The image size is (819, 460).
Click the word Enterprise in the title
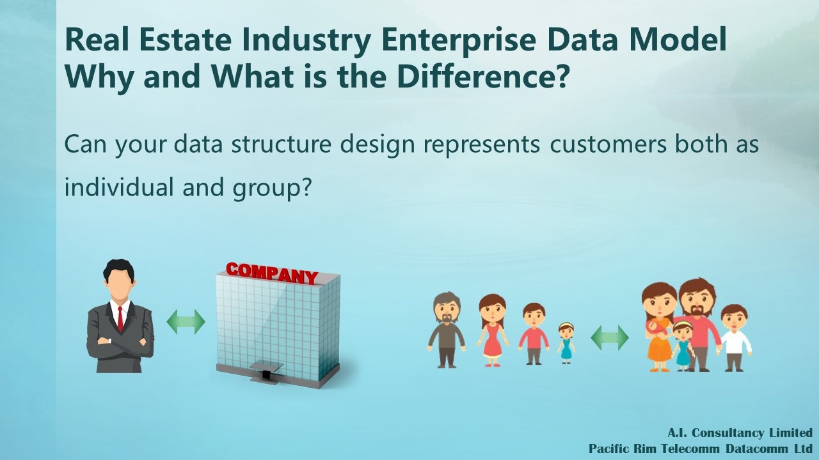460,40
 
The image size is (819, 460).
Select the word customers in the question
608,144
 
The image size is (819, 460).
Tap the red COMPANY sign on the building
272,273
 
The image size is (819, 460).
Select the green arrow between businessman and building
186,321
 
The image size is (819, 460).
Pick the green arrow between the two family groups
610,338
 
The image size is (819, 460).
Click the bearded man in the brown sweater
447,329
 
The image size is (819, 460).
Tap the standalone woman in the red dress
492,330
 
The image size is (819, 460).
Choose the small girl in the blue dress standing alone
566,343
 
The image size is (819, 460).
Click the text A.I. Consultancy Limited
740,433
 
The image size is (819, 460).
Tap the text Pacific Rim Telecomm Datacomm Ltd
701,448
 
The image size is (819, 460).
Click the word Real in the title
97,40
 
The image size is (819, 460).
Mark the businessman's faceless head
118,277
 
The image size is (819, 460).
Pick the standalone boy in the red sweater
534,333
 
